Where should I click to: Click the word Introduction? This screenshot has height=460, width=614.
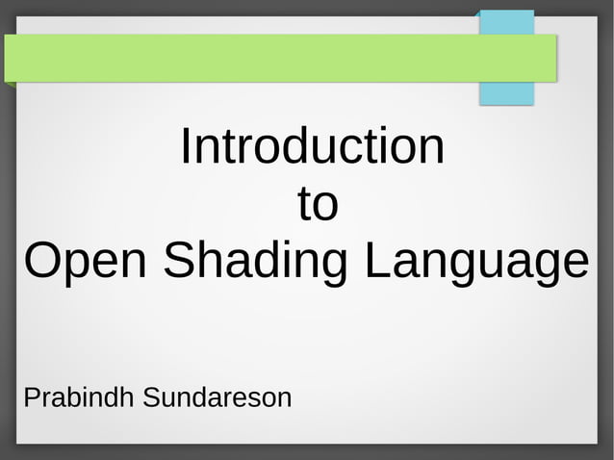pos(312,147)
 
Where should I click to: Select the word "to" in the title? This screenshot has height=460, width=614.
pos(317,204)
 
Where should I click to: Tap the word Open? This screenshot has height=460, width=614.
pos(87,262)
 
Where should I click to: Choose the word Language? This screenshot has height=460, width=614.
pos(475,262)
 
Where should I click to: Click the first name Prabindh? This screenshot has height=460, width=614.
pos(80,396)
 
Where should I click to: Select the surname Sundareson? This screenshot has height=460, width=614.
pos(217,396)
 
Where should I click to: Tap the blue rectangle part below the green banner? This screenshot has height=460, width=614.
pos(506,93)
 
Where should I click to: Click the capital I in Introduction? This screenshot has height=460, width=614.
pos(186,146)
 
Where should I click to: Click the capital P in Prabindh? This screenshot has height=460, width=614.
pos(30,396)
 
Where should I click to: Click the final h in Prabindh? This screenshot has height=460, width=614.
pos(130,396)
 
